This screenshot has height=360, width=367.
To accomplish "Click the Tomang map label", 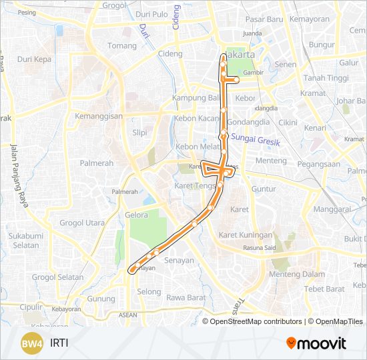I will [122, 46].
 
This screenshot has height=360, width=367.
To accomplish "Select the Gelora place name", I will [136, 215].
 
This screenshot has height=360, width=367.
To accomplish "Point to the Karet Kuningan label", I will [246, 235].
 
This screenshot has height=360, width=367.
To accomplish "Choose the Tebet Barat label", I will [324, 289].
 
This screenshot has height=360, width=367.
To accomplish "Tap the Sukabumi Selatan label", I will [26, 241].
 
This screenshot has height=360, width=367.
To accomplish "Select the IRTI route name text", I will [59, 343].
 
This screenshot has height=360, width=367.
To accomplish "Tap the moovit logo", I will [316, 343].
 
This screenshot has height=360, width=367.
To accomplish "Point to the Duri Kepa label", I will [34, 59].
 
